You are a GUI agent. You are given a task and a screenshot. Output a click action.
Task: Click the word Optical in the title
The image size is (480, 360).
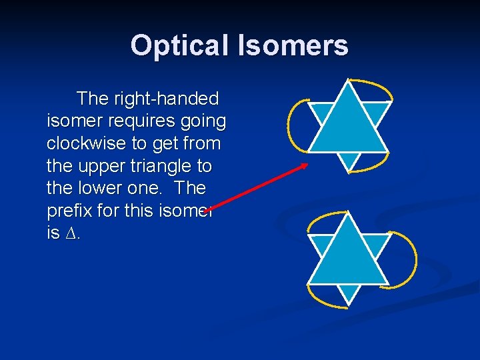(x=179, y=46)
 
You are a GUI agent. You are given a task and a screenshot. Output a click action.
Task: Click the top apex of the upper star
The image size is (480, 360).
(x=347, y=81)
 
